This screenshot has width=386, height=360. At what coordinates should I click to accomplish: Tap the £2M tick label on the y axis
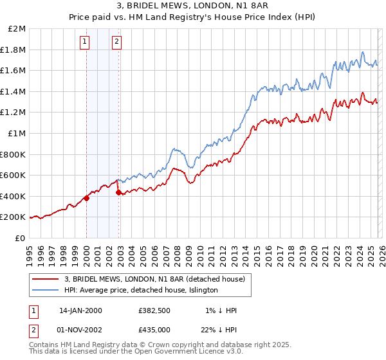[x=17, y=29]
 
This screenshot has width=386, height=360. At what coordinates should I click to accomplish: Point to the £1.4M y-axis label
[x=15, y=92]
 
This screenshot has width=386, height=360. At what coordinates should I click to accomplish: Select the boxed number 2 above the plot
[x=116, y=42]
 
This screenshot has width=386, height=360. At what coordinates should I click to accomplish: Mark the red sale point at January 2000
[x=86, y=198]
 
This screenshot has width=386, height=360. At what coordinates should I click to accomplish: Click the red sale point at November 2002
[x=118, y=192]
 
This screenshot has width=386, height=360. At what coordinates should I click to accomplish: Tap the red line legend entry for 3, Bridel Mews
[x=154, y=279]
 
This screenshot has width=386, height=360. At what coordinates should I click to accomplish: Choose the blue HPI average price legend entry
[x=141, y=291]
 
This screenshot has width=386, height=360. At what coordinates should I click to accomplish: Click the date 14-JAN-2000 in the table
[x=80, y=310]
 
